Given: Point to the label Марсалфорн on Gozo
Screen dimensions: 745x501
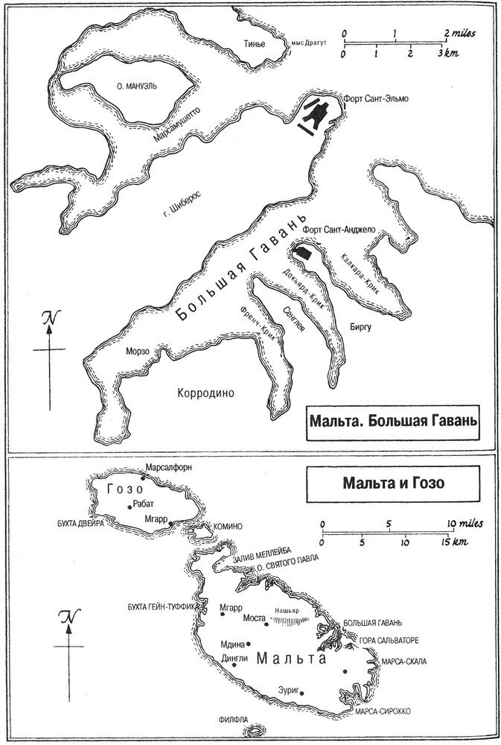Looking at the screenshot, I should (x=169, y=467).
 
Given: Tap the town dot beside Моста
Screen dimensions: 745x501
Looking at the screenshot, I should (x=271, y=618).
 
